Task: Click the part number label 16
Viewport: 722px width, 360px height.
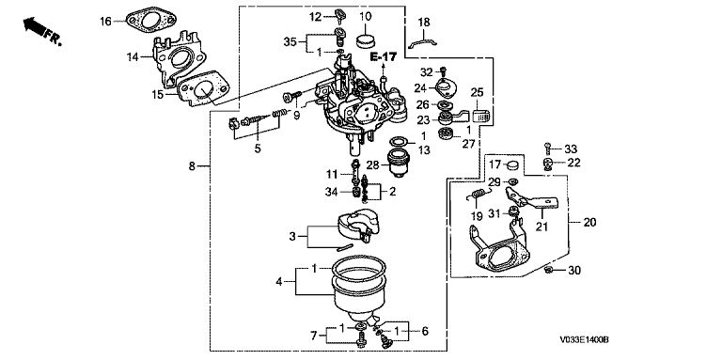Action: (x=106, y=22)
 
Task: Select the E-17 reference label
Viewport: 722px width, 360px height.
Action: (x=383, y=56)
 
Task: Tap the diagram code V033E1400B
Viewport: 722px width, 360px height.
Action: (x=585, y=340)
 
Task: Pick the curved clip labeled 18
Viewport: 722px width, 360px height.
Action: (x=423, y=43)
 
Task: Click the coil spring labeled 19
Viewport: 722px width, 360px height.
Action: (x=476, y=196)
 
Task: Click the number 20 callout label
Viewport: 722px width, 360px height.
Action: (x=589, y=223)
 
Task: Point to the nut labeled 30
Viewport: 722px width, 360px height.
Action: (x=548, y=270)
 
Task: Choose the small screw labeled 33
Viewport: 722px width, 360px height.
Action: (x=547, y=149)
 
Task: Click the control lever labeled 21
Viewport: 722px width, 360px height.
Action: (x=532, y=198)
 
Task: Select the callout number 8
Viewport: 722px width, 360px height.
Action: (x=192, y=166)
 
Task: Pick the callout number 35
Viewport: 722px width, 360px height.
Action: (x=290, y=42)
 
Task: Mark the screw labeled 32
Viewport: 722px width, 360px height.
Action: (x=443, y=71)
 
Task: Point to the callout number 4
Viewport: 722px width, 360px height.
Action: (x=278, y=281)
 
